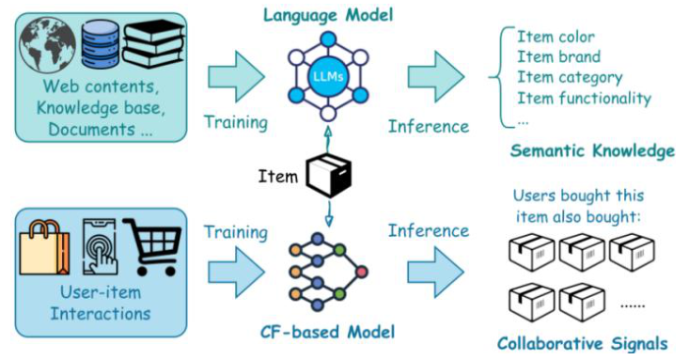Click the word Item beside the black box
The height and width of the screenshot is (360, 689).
279,175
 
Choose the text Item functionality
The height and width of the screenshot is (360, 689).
584,99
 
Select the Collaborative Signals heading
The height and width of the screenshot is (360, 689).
584,343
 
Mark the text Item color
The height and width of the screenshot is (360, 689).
556,37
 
